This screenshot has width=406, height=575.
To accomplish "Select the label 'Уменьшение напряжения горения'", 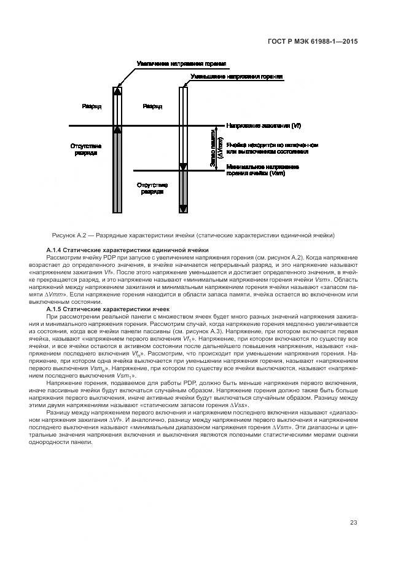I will [236, 77].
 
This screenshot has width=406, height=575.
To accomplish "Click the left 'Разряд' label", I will [92, 106].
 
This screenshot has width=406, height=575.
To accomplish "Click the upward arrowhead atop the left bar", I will [118, 90].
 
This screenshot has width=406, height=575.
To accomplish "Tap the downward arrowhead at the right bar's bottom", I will [182, 209].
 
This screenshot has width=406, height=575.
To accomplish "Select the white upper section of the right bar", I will [182, 123].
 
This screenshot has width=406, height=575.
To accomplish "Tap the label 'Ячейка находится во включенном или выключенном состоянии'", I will [271, 148].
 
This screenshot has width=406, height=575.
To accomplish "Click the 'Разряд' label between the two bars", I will [152, 106].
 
